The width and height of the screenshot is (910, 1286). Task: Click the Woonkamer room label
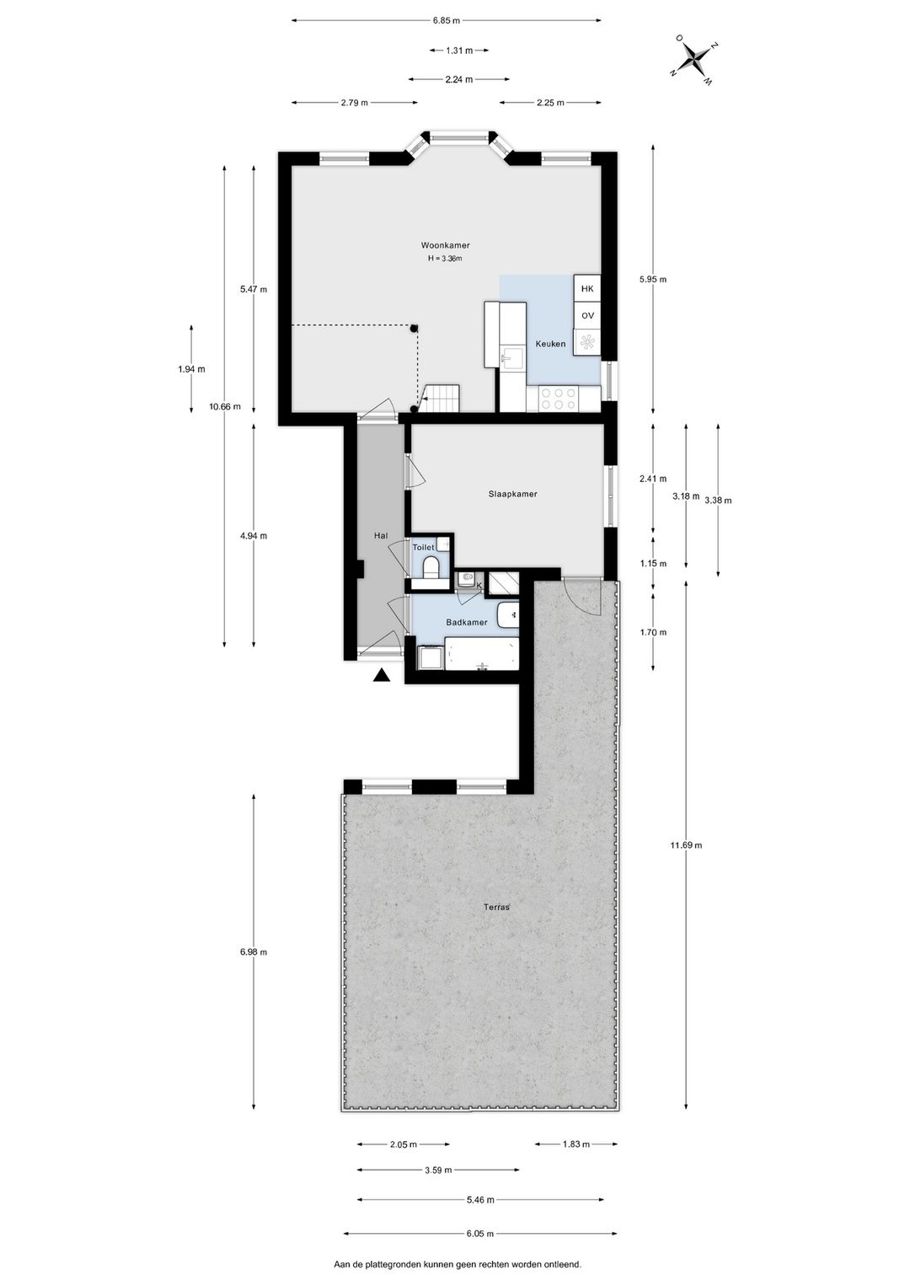[x=445, y=245]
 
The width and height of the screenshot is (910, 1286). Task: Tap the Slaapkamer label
[x=512, y=494]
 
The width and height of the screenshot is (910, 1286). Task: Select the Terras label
[x=496, y=908]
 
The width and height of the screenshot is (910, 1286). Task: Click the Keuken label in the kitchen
[x=550, y=344]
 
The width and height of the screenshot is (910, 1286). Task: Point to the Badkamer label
[x=467, y=622]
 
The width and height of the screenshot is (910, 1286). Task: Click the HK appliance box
[x=587, y=288]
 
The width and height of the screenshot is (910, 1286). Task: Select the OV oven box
[x=587, y=316]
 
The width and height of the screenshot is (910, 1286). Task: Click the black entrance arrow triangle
[x=382, y=675]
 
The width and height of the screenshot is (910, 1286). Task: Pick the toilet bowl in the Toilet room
[x=431, y=566]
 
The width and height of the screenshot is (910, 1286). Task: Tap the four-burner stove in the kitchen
[x=558, y=398]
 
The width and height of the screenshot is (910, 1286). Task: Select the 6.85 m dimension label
[x=447, y=20]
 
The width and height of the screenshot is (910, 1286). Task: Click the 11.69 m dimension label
[x=686, y=844]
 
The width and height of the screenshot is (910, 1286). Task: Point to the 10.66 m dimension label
[x=225, y=406]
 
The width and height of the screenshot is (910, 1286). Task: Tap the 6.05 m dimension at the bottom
[x=480, y=1233]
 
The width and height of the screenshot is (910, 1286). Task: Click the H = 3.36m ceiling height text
[x=445, y=259]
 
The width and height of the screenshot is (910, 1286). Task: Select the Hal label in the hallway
[x=381, y=535]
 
